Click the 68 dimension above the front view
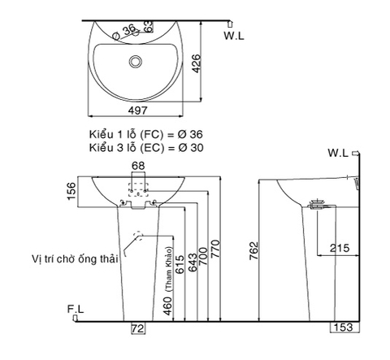click(138, 165)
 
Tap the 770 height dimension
click(214, 248)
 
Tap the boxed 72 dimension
click(138, 328)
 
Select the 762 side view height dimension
click(253, 251)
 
